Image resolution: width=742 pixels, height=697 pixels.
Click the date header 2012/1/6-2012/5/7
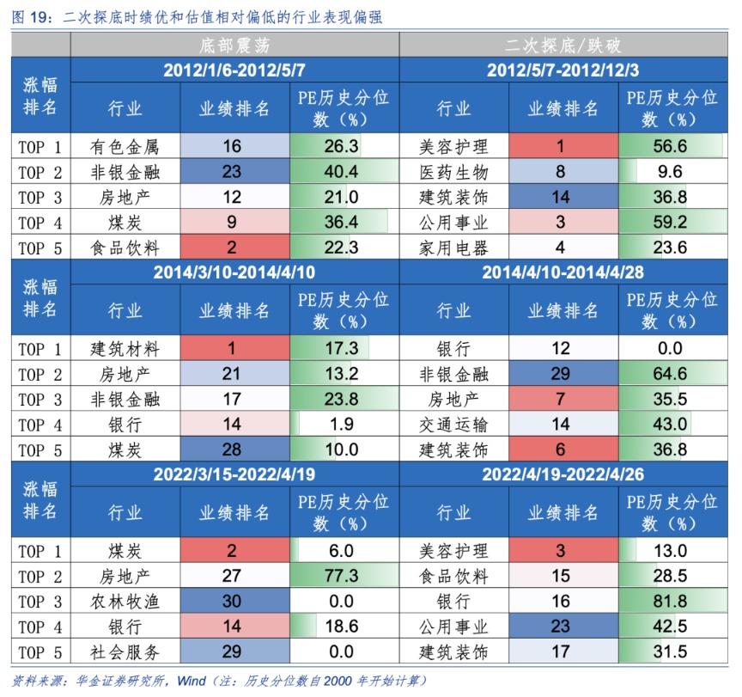click(x=234, y=70)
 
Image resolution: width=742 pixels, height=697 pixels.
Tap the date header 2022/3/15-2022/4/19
click(x=234, y=474)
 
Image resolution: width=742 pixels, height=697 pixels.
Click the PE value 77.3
click(x=341, y=576)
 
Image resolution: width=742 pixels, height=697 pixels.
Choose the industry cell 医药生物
click(x=453, y=172)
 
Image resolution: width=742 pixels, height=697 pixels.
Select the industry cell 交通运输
click(x=453, y=425)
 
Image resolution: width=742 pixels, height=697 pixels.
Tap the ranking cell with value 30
click(x=232, y=601)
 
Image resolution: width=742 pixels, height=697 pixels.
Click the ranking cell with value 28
click(x=232, y=449)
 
